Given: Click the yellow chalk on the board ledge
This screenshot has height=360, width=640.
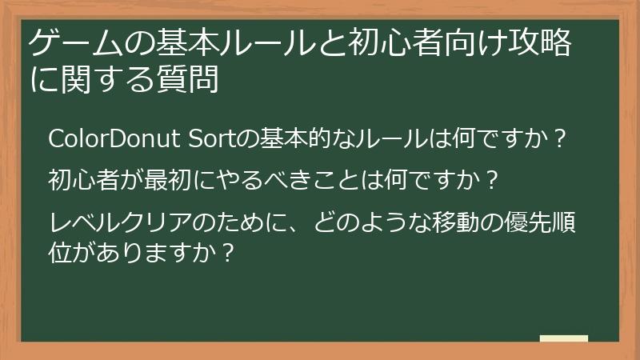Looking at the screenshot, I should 563,338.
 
